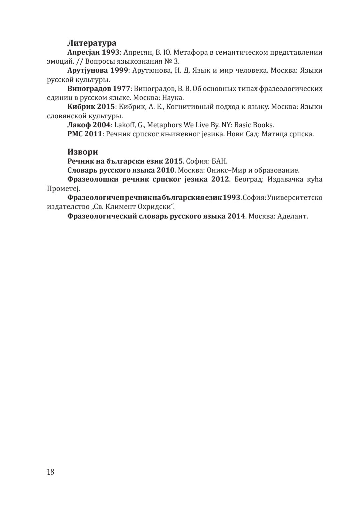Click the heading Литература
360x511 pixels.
coord(92,43)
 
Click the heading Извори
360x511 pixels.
coord(83,152)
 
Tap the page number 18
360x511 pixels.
coord(51,472)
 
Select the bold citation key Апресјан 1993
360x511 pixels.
coord(93,52)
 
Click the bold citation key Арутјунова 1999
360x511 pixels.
coord(98,71)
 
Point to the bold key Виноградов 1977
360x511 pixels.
coord(99,89)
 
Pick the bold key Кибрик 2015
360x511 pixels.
coord(91,107)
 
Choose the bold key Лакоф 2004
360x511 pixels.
coord(88,125)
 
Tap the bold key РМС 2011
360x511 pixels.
coord(86,134)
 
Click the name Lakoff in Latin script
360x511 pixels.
coord(125,125)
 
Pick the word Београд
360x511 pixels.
coord(248,180)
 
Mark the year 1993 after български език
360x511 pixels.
coord(231,198)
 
